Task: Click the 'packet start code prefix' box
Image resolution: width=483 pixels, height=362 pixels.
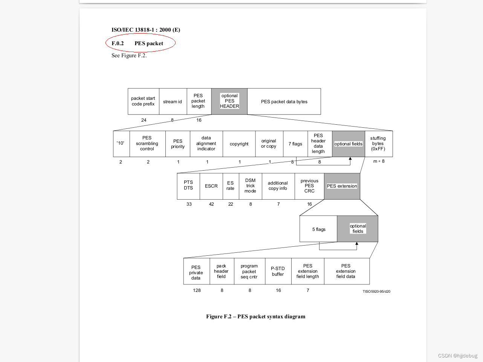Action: [143, 101]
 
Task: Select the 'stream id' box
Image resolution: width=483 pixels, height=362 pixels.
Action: [173, 102]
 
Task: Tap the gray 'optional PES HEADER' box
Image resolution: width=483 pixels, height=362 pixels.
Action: [229, 101]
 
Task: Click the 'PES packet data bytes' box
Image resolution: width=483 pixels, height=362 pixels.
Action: [284, 102]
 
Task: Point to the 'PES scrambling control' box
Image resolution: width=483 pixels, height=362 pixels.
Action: [147, 144]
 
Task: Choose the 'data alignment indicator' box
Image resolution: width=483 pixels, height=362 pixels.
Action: [206, 144]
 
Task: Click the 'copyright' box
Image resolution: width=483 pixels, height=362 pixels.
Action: [239, 144]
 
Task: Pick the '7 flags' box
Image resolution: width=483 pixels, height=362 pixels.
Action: [295, 144]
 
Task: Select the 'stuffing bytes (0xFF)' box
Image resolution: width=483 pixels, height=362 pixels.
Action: [378, 144]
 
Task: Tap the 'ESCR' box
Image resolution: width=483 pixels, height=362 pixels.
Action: [211, 186]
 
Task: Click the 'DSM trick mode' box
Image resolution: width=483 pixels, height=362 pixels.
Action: [251, 186]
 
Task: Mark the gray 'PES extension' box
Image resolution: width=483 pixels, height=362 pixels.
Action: [342, 186]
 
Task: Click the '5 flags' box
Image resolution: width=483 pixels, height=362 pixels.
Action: [319, 229]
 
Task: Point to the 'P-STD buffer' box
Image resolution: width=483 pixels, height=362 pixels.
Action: [278, 271]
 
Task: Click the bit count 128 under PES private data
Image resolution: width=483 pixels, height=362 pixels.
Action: [197, 290]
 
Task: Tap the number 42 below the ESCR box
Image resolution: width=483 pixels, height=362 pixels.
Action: [211, 204]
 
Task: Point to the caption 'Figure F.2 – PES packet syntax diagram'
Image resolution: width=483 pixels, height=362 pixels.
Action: [255, 316]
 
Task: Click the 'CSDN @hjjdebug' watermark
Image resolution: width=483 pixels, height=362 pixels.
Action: [457, 356]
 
